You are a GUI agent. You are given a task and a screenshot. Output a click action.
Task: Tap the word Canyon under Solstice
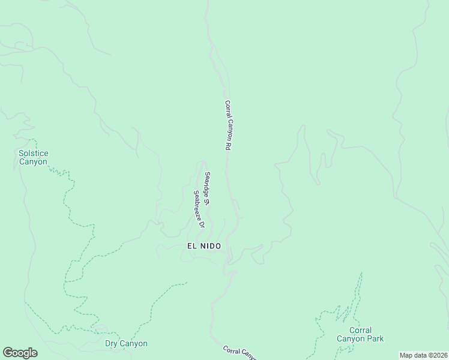pos(33,162)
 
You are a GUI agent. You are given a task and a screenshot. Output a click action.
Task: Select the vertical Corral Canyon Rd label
pos(228,125)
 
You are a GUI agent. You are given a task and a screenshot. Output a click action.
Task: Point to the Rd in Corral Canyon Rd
pos(229,146)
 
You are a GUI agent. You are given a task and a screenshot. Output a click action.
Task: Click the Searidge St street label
pos(206,188)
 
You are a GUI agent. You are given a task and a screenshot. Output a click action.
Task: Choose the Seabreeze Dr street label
pos(199,210)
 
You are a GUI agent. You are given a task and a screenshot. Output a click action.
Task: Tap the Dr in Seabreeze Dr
pos(202,226)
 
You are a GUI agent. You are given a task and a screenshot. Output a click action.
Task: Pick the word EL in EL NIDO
pos(191,246)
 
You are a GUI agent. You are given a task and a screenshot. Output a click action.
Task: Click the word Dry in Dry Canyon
pos(112,344)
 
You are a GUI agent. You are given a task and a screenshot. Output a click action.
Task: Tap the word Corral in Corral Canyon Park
pos(360,331)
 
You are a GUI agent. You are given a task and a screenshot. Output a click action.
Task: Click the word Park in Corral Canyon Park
pos(375,339)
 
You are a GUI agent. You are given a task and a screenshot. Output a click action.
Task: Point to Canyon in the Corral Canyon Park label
pos(351,339)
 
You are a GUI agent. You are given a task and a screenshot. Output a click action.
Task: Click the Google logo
pos(20,353)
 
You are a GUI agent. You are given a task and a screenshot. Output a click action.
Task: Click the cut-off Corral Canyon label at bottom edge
pos(240,353)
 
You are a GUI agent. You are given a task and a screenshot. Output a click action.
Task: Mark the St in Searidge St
pos(206,202)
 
